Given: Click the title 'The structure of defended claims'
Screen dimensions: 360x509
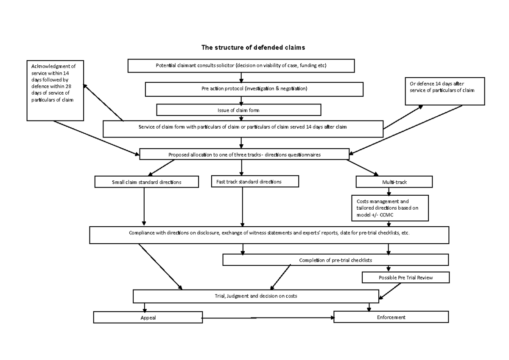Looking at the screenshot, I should pyautogui.click(x=253, y=48).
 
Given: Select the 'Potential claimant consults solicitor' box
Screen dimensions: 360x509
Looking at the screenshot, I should pyautogui.click(x=241, y=65).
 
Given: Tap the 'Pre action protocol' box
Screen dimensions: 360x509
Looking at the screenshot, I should pyautogui.click(x=254, y=89).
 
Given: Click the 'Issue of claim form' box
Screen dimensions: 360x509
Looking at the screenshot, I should pyautogui.click(x=239, y=110).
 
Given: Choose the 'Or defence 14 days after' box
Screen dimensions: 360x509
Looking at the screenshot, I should pyautogui.click(x=445, y=90).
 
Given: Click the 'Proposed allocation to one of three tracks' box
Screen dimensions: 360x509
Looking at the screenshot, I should pyautogui.click(x=244, y=155).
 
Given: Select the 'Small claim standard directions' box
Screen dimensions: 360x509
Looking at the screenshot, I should pyautogui.click(x=146, y=182).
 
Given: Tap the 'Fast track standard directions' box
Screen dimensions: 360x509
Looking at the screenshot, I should pyautogui.click(x=255, y=182).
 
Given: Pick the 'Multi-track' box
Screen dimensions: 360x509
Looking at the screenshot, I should pyautogui.click(x=394, y=182).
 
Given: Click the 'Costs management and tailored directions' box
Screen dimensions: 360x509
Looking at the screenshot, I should pyautogui.click(x=390, y=208).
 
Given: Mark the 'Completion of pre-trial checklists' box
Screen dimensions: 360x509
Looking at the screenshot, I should pyautogui.click(x=335, y=260).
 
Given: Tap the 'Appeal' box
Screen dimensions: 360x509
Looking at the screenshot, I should pyautogui.click(x=148, y=318).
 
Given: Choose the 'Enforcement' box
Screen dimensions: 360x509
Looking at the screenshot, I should pyautogui.click(x=391, y=317).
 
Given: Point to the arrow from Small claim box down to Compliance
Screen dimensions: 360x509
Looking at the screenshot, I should pyautogui.click(x=144, y=206).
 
